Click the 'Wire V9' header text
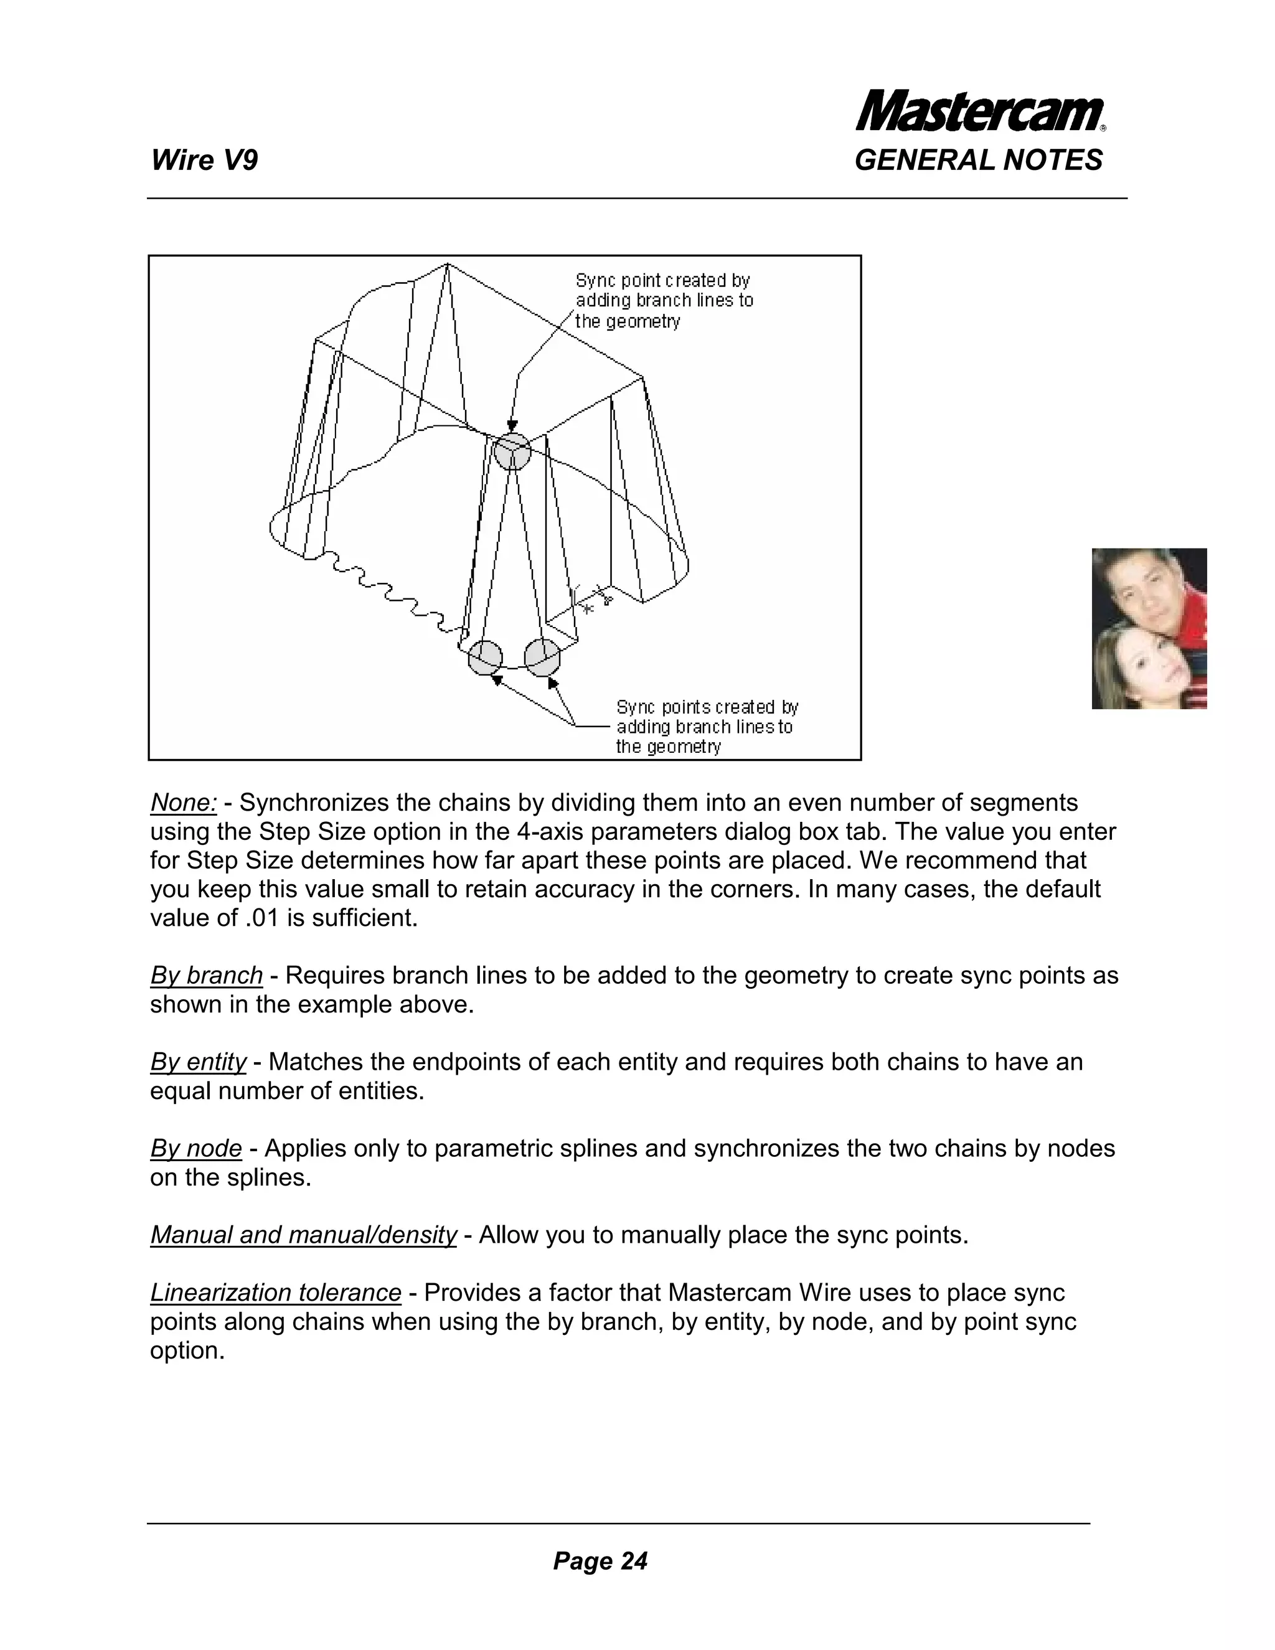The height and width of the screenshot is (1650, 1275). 204,160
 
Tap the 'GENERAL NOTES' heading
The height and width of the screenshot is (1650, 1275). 978,160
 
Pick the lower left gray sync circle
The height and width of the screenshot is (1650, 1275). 485,658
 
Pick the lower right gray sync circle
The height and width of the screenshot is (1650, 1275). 542,658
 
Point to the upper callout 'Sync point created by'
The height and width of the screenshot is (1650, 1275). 662,280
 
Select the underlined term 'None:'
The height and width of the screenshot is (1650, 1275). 184,803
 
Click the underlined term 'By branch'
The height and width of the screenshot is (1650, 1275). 206,975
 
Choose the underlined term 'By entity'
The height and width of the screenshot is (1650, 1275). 198,1062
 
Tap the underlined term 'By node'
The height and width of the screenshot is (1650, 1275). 195,1148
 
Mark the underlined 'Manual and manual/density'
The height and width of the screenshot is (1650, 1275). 303,1235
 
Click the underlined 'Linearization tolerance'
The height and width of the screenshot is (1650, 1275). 276,1293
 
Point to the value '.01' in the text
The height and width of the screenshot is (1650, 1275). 263,918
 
